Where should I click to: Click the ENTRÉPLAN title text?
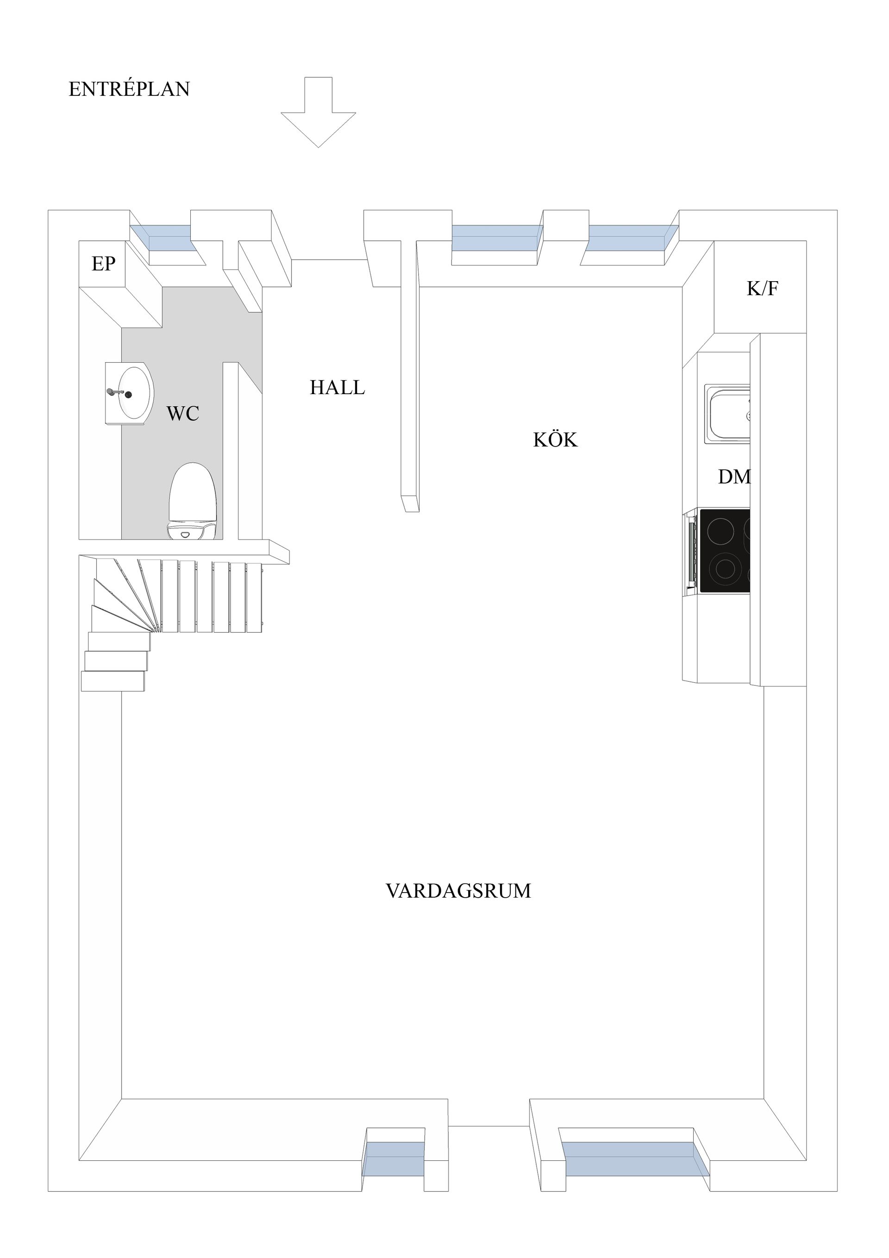129,89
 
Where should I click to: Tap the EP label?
104,264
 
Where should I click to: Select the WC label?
182,414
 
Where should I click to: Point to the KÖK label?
555,440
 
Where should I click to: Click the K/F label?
762,289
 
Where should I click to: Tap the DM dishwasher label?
733,477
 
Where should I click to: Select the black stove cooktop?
724,551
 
